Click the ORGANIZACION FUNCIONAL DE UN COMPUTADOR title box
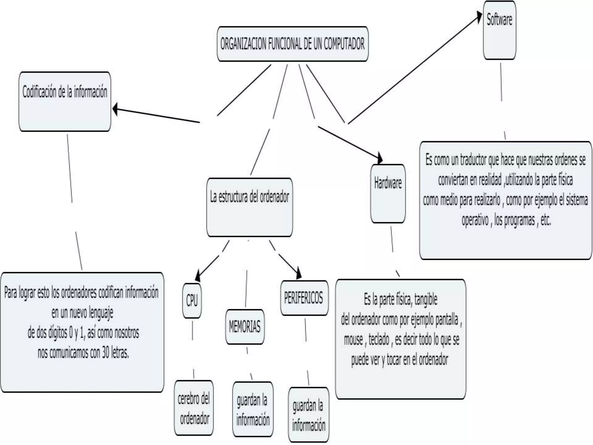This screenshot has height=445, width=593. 292,44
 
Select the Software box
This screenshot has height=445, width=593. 499,30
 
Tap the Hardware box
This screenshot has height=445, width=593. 388,194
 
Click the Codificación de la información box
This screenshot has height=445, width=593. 65,101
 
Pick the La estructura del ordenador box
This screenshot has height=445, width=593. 250,207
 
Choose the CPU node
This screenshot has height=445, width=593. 192,300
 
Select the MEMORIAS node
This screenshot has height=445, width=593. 245,327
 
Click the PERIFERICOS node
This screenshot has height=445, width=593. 304,298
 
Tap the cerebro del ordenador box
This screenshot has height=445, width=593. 194,408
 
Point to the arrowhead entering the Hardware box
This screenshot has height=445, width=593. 380,159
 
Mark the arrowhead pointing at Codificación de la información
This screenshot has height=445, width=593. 115,109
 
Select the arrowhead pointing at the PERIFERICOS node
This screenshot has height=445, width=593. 299,274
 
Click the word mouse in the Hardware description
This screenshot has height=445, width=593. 353,340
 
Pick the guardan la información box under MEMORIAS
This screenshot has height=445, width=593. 253,409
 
